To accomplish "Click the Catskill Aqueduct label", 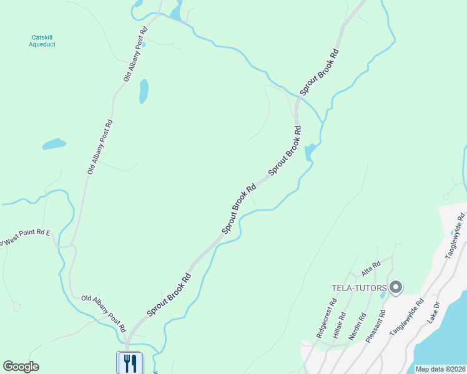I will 44,41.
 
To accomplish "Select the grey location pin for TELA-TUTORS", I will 395,288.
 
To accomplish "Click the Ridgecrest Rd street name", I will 327,318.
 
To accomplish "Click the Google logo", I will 21,367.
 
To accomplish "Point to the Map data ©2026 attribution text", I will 440,369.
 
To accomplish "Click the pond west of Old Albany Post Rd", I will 54,144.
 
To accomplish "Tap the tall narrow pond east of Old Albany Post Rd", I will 144,91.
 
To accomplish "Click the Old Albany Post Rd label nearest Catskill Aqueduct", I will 135,55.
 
